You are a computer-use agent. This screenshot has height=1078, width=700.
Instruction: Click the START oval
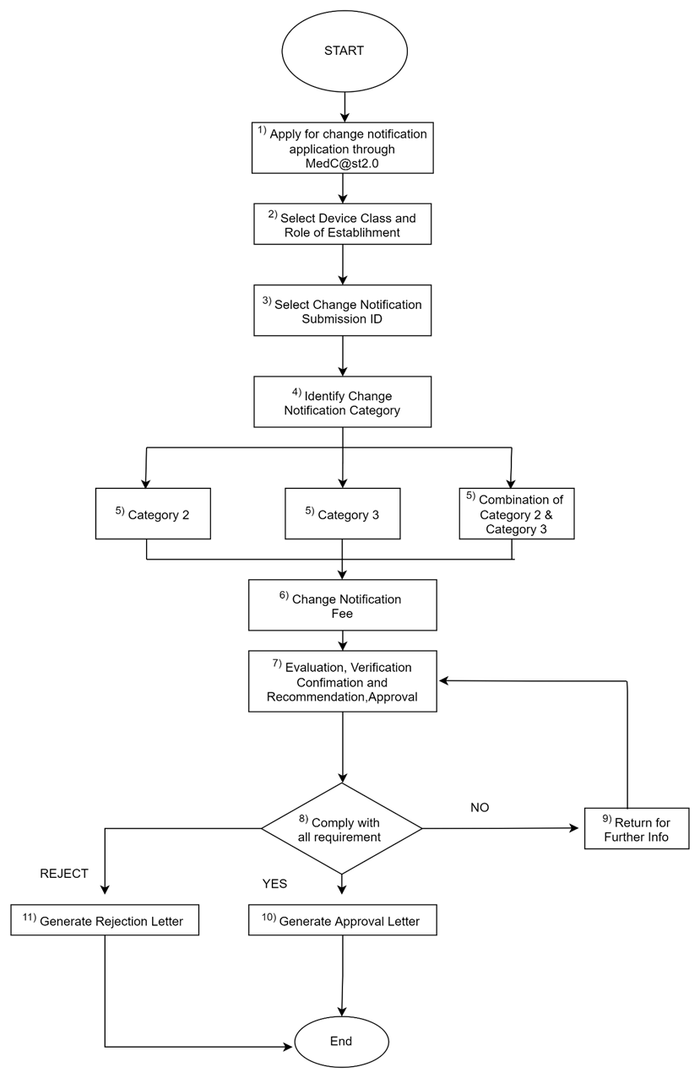(345, 51)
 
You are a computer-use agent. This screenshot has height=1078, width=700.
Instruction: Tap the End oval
(341, 1041)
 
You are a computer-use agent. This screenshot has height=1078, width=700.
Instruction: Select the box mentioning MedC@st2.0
(342, 149)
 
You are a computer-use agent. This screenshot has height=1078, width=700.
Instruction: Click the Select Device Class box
(342, 224)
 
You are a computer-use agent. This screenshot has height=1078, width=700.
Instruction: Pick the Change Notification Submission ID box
(342, 311)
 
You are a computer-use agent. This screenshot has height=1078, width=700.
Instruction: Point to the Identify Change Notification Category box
(342, 402)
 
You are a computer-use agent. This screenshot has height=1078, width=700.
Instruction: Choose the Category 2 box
(153, 513)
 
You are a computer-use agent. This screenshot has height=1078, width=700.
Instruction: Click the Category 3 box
(342, 513)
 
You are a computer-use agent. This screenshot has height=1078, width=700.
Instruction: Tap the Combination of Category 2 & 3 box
(516, 513)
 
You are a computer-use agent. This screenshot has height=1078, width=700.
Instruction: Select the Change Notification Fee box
(342, 604)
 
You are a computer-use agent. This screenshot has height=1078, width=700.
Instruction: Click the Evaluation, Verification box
(342, 681)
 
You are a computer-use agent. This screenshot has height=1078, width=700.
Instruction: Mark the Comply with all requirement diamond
(341, 829)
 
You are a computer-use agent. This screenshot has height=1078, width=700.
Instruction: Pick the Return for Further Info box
(636, 829)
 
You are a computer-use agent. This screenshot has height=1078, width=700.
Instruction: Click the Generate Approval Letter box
(342, 920)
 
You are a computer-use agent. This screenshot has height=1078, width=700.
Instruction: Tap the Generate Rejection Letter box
(105, 920)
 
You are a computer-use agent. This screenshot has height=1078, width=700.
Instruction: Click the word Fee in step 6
(342, 614)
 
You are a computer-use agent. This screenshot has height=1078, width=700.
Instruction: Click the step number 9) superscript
(606, 819)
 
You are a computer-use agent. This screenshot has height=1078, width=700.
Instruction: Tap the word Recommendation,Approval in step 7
(342, 697)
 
